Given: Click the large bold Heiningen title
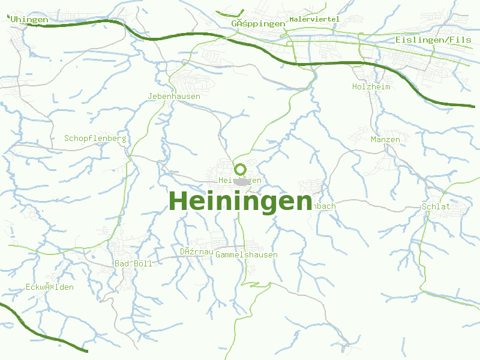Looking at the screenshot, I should (x=241, y=200).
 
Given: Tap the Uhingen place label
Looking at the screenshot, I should (x=29, y=20).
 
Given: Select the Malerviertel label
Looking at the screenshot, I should (x=314, y=19).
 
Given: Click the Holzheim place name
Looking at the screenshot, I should (x=371, y=87).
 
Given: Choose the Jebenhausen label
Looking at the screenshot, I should (x=174, y=96).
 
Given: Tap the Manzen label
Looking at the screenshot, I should (x=385, y=139).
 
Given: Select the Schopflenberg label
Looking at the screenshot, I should (x=95, y=138).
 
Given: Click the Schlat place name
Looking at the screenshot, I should (x=436, y=206).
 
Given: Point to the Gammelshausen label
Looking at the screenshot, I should (x=247, y=255).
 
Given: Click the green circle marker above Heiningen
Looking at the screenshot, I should (x=240, y=169).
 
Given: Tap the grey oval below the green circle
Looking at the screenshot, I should (x=241, y=181).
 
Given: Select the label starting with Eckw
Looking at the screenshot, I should (x=50, y=287).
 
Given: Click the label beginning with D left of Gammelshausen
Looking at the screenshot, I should (x=196, y=251).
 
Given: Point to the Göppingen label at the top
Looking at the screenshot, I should (x=258, y=23).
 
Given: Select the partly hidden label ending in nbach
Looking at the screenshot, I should (x=324, y=206).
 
